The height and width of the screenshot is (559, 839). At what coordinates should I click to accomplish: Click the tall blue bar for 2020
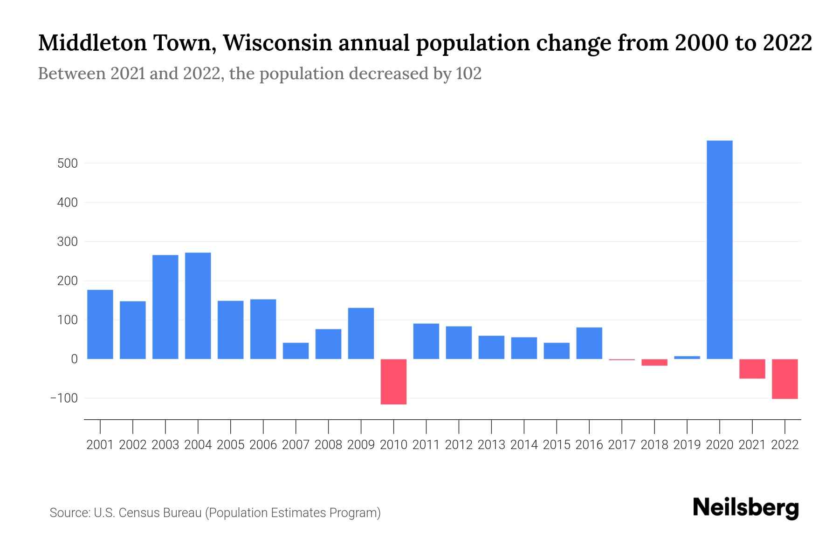(x=719, y=250)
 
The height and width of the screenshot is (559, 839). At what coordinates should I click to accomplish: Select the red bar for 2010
(x=393, y=382)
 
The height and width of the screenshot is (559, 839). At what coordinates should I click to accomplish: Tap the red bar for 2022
(x=784, y=379)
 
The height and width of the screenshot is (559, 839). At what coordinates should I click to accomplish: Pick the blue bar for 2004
(x=198, y=306)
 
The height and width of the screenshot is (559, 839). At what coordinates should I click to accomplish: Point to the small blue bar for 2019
(x=687, y=357)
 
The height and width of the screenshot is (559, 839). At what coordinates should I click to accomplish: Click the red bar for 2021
(x=752, y=368)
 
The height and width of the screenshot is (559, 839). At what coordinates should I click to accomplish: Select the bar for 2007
(x=296, y=351)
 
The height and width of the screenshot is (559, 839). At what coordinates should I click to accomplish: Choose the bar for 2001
(x=100, y=324)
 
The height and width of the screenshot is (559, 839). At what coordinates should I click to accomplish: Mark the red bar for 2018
(x=654, y=362)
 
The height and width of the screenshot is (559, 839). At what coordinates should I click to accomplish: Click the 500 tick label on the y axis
(x=68, y=164)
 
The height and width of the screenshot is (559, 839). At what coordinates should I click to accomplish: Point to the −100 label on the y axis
(x=64, y=398)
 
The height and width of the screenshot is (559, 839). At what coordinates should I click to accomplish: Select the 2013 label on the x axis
(x=491, y=445)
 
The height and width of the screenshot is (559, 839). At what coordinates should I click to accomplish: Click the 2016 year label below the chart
(x=589, y=445)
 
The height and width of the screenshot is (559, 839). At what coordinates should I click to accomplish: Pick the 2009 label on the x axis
(x=361, y=445)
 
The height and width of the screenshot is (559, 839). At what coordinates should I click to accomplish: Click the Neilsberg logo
(x=746, y=508)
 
